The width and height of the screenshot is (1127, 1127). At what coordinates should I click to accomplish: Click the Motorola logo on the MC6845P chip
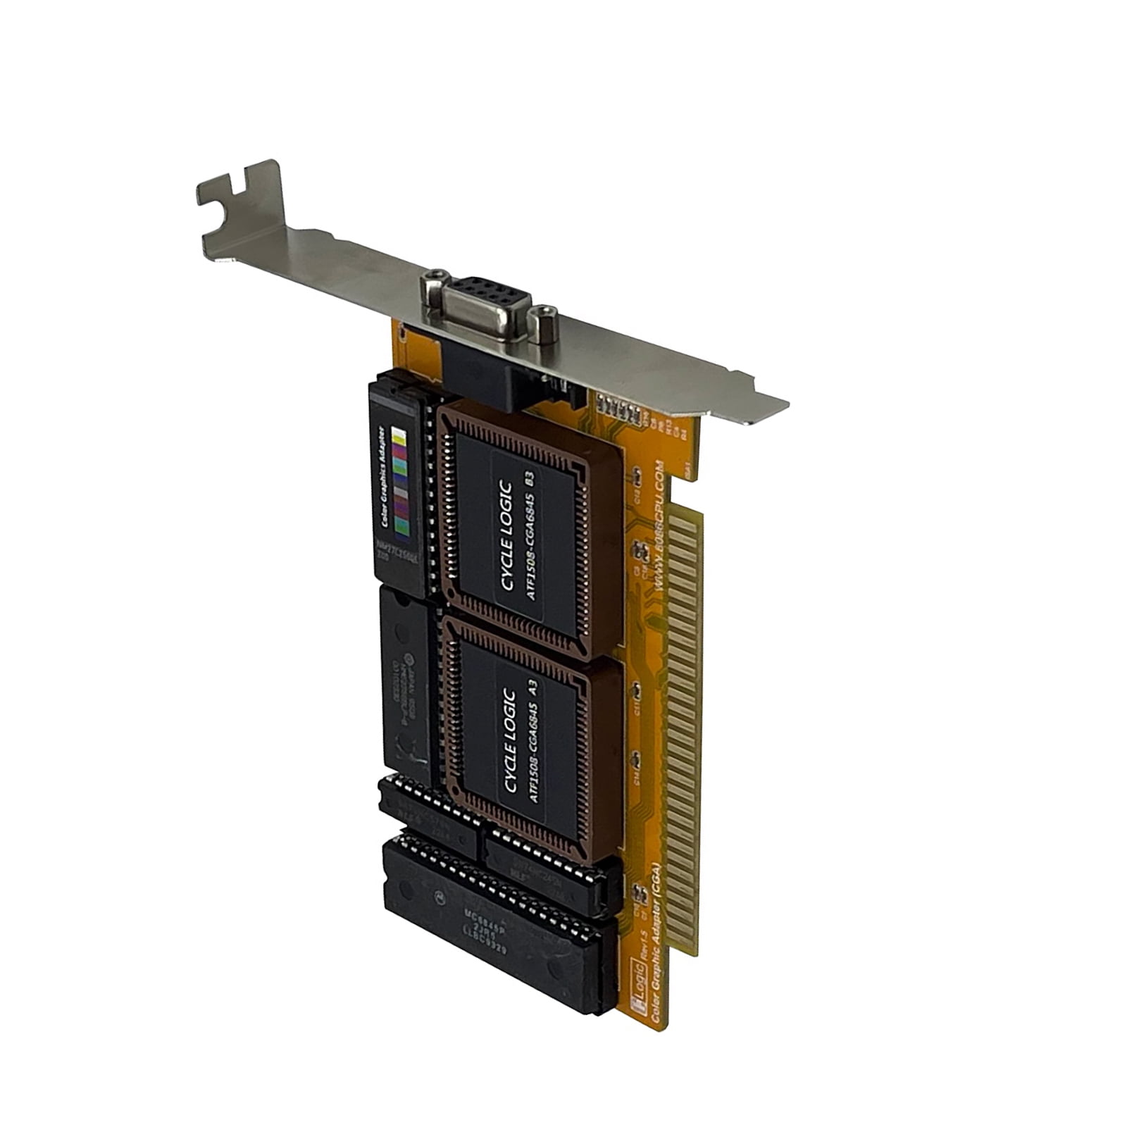tap(440, 897)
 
